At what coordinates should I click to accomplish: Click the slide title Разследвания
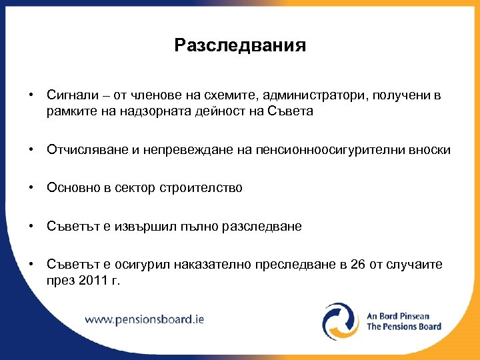[x=240, y=46]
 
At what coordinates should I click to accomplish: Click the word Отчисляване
[x=83, y=151]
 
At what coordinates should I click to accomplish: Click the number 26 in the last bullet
[x=357, y=265]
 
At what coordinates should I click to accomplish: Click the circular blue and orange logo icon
[x=340, y=321]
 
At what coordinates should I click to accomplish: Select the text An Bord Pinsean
[x=398, y=316]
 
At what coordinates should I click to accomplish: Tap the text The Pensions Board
[x=403, y=327]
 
